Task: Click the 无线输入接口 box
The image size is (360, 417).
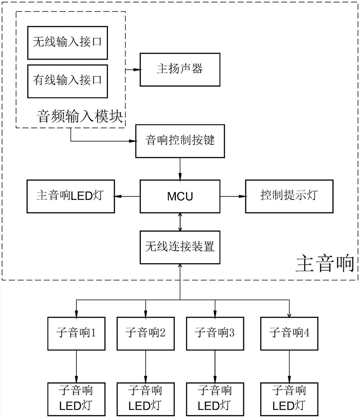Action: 67,43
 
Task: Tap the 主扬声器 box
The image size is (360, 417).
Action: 179,70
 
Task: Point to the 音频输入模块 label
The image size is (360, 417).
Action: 82,116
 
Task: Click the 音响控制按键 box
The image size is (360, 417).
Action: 179,141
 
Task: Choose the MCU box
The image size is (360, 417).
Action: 179,196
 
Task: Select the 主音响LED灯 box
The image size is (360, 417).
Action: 70,196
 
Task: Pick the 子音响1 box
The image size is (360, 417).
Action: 76,333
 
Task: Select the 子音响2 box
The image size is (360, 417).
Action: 145,333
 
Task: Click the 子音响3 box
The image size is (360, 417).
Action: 215,333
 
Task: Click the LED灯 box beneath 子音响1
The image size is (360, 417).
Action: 76,399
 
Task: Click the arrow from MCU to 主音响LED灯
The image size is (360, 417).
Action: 127,196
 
